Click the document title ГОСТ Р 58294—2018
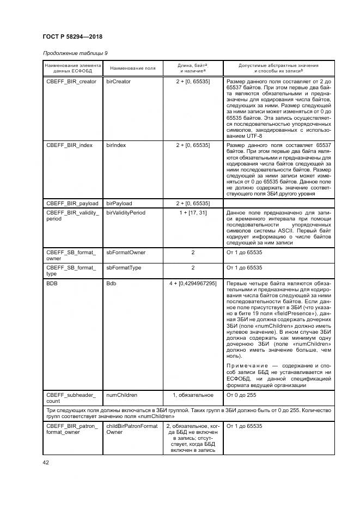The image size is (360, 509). pos(72,37)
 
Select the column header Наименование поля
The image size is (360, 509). pos(132,68)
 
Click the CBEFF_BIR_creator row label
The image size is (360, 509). pos(71,82)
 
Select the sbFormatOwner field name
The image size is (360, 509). pos(126,253)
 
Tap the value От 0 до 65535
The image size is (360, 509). pos(244,253)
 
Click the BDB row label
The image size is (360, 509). pos(52,284)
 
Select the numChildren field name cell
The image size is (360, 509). pos(121,395)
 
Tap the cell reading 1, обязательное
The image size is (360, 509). pos(193,395)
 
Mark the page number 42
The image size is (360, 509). pos(46,463)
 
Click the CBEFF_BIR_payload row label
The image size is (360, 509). pos(72,203)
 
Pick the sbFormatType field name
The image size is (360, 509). pos(124,268)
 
